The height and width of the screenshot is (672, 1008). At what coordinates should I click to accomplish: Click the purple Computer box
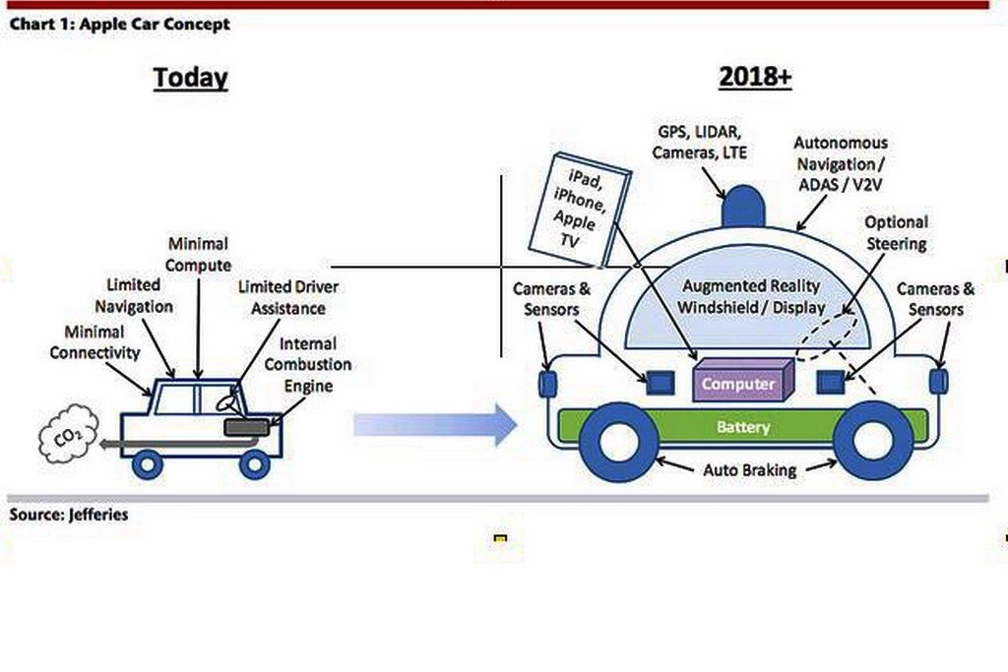pyautogui.click(x=739, y=383)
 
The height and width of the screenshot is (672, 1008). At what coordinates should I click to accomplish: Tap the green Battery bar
pyautogui.click(x=743, y=427)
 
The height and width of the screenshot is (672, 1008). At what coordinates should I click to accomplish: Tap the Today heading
pyautogui.click(x=190, y=79)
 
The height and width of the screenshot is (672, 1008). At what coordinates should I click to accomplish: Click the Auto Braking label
pyautogui.click(x=749, y=470)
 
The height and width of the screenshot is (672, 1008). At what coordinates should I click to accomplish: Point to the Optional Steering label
pyautogui.click(x=896, y=232)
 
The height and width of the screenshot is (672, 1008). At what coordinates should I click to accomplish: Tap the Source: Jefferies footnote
pyautogui.click(x=69, y=515)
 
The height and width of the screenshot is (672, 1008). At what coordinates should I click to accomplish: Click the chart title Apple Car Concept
pyautogui.click(x=119, y=24)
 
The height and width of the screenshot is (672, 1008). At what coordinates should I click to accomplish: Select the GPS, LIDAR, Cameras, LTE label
pyautogui.click(x=699, y=142)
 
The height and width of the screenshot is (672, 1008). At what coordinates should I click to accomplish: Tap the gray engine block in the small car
pyautogui.click(x=251, y=425)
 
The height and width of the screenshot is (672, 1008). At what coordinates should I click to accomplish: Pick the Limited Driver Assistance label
pyautogui.click(x=282, y=297)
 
